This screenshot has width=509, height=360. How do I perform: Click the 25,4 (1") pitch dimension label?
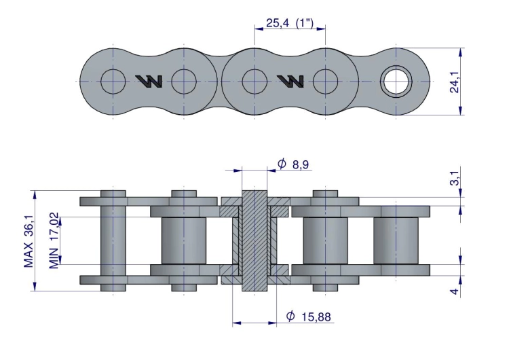coord(290,23)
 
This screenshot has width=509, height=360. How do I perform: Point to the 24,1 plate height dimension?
coord(455,82)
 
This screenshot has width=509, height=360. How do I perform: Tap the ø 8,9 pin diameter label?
coord(293,164)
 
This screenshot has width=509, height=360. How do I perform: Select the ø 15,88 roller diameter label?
coord(308,316)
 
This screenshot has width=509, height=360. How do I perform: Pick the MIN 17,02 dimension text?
coord(54,240)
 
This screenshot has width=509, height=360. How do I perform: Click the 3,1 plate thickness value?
coord(455,179)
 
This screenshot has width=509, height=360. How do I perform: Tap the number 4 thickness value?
coord(455,291)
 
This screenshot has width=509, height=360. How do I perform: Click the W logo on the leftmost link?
coord(149,82)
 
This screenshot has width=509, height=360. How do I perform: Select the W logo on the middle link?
coord(290,82)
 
